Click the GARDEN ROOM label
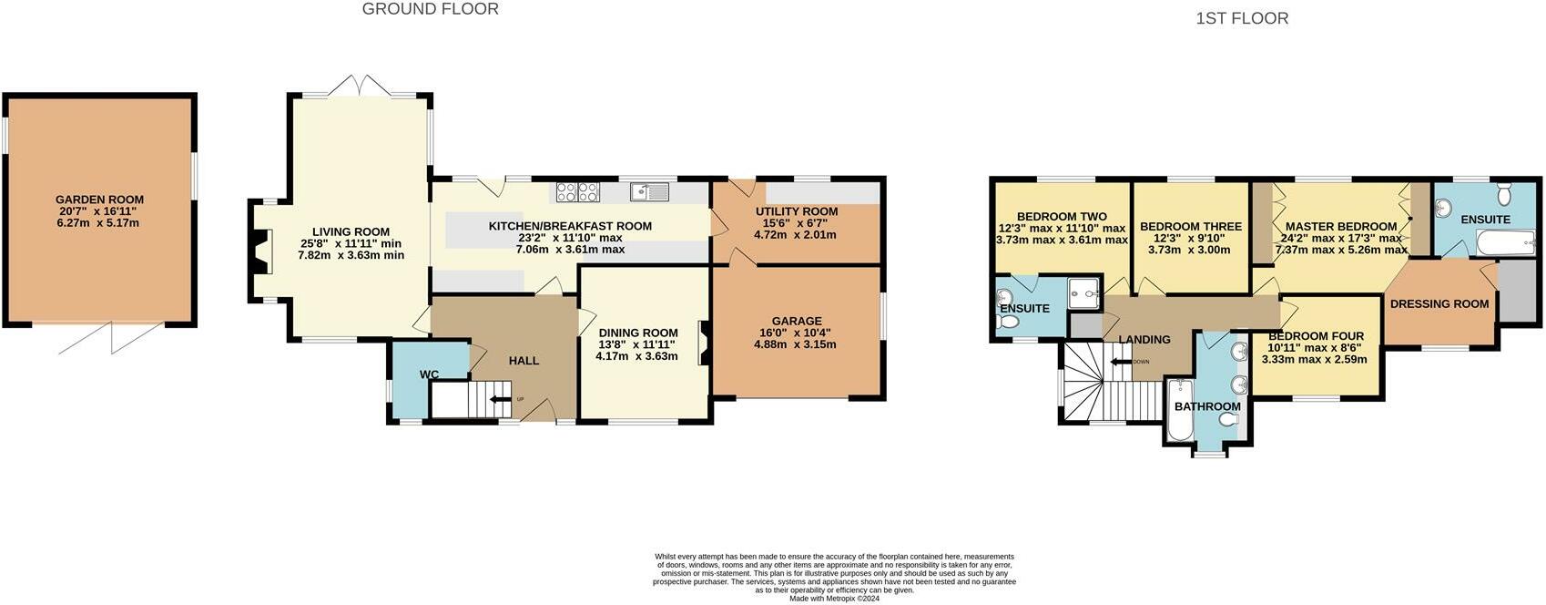(x=99, y=200)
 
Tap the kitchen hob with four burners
(x=577, y=192)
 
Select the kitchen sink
(x=649, y=191)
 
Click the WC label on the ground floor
(x=429, y=374)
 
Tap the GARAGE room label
(x=797, y=321)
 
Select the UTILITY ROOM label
(x=797, y=211)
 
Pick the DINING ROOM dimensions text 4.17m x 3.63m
(x=636, y=356)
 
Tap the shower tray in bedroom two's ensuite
(x=1083, y=292)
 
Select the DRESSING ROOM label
(x=1439, y=303)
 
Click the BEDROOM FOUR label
(x=1316, y=336)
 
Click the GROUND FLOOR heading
(x=431, y=9)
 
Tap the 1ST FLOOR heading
(x=1242, y=18)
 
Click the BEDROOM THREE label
(x=1190, y=227)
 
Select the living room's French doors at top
(x=361, y=87)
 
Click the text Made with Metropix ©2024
(x=833, y=599)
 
